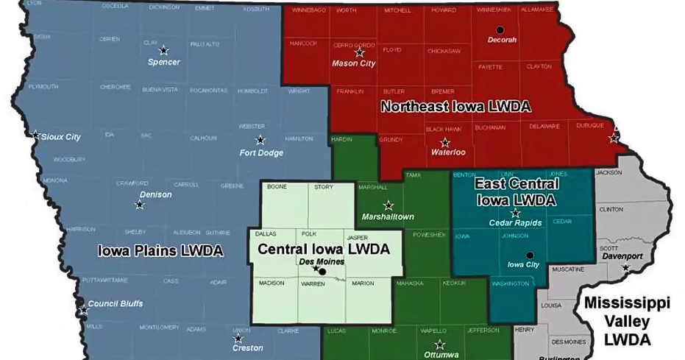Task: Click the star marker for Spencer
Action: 163,51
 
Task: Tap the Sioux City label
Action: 60,137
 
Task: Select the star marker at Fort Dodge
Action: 260,140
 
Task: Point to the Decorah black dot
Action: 500,30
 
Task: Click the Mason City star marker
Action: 359,52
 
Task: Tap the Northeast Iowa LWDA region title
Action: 455,107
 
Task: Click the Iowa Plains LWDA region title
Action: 160,251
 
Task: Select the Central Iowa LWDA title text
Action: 323,249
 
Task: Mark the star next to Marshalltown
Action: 388,205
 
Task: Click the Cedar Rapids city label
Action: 515,222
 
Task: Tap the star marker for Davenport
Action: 625,267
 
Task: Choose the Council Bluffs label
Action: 115,303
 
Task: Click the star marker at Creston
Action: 238,339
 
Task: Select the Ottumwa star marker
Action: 439,345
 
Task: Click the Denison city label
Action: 155,194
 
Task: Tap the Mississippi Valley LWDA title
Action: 627,321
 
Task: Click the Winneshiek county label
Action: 493,10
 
